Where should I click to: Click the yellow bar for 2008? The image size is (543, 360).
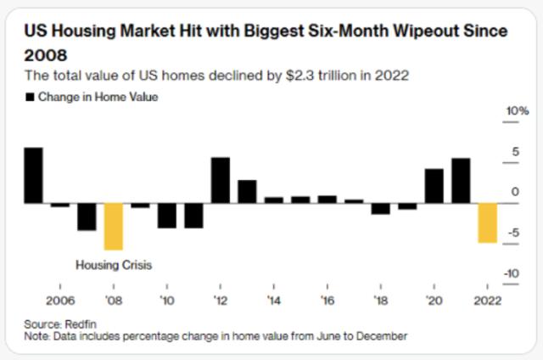(113, 227)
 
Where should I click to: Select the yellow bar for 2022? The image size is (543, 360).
(487, 223)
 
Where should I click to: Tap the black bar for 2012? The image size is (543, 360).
(220, 181)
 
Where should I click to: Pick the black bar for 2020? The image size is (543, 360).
(434, 186)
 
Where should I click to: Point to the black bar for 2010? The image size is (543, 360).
(166, 216)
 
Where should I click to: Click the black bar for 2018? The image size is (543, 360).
(380, 209)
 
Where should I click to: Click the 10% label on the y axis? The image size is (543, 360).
(517, 112)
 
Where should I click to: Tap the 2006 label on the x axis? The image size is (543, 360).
(59, 300)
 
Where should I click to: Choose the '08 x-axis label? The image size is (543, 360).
(113, 300)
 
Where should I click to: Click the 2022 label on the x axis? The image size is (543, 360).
(487, 300)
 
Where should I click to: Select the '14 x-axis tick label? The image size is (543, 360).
(273, 300)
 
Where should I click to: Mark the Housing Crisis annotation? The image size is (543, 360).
(114, 265)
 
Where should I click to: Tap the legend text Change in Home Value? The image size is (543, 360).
(98, 98)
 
